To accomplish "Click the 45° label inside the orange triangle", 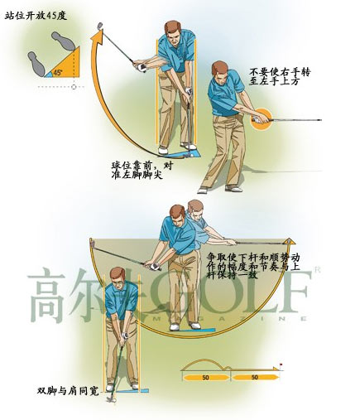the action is point(58,73).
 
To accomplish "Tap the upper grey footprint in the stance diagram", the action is point(63,41).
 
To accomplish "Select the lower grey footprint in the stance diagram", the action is point(36,64).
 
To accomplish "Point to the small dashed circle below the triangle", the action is point(74,87).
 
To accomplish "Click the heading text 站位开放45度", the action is point(36,16).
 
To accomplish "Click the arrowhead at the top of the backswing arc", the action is point(98,36).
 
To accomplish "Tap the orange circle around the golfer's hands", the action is point(262,119).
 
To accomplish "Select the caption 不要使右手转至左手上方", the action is point(280,76).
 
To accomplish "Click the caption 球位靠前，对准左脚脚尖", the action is point(142,170).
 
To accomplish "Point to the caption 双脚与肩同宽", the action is point(68,391).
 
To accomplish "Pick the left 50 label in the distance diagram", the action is point(205,378).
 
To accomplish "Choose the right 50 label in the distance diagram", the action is point(255,377).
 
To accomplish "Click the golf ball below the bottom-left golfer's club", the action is point(114,400).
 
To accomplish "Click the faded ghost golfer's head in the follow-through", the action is point(195,210).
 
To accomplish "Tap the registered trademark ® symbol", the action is point(318,270).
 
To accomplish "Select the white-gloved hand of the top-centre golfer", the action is point(189,91).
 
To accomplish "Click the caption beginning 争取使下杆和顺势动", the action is point(253,267).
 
